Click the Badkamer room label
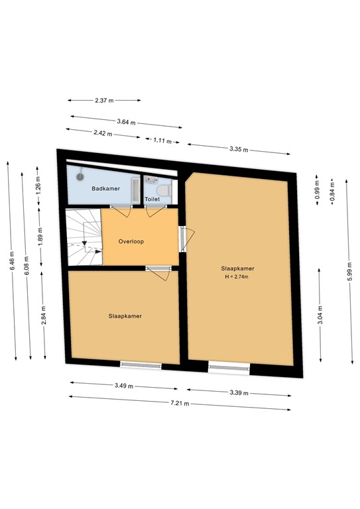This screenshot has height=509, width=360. coord(106,189)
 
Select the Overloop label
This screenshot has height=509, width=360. coord(131,241)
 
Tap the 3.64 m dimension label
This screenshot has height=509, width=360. coord(126,122)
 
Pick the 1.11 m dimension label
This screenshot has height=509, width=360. coord(162,141)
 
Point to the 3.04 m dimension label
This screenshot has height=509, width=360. coord(320,315)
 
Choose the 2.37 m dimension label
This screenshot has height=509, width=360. coord(105,101)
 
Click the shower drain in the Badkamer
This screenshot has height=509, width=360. coord(81,176)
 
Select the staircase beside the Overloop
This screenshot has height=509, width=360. coord(83,237)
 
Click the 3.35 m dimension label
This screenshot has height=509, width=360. coord(239,149)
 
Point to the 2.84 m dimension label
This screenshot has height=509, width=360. coord(43,313)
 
